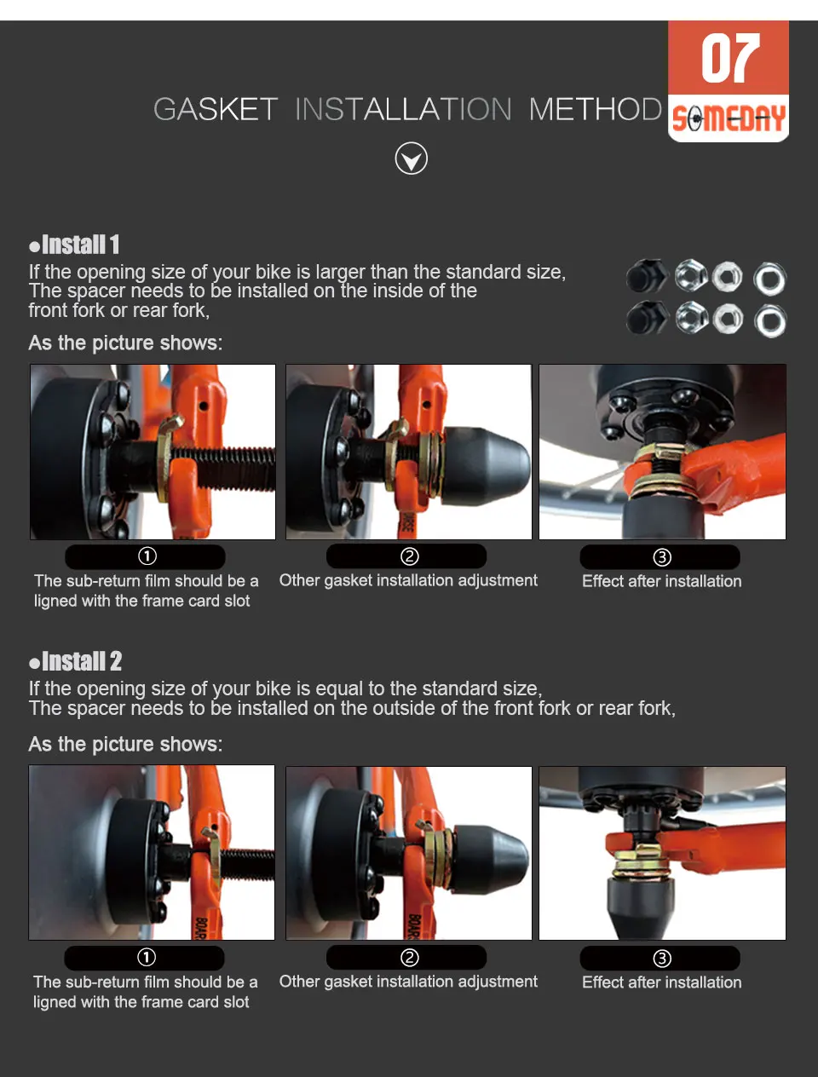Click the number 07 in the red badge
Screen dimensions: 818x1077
[x=730, y=58]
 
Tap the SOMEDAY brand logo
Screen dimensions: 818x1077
[x=729, y=118]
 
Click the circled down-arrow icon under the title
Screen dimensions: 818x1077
[x=412, y=158]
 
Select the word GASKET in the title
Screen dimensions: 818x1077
[x=216, y=109]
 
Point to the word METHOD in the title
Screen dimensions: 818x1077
[x=596, y=109]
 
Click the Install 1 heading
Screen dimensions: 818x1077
[x=74, y=245]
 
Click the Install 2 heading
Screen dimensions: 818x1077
[x=75, y=661]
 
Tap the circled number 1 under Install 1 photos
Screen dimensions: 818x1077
[x=147, y=556]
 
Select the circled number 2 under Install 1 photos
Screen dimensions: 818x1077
[x=409, y=556]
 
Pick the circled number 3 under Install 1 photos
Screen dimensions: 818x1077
[x=662, y=557]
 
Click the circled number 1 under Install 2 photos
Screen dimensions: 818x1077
[x=147, y=957]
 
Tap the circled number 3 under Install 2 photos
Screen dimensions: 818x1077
[x=662, y=958]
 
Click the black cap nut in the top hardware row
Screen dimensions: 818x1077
[x=647, y=276]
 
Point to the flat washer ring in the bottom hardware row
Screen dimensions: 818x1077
[x=770, y=321]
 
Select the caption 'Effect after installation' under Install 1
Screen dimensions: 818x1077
[x=662, y=581]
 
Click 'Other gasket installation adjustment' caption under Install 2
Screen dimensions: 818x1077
[x=408, y=982]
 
